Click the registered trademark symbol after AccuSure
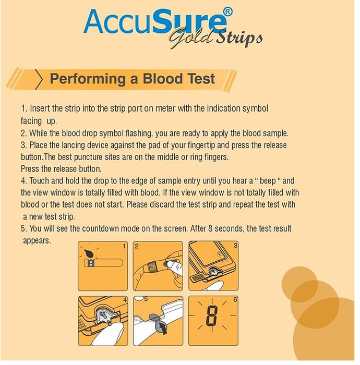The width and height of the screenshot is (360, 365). pyautogui.click(x=227, y=11)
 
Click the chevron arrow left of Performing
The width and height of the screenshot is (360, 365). pyautogui.click(x=39, y=79)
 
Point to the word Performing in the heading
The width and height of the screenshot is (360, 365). pyautogui.click(x=88, y=79)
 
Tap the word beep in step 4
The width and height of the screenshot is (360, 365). pyautogui.click(x=268, y=181)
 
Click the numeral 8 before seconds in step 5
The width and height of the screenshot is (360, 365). pyautogui.click(x=210, y=228)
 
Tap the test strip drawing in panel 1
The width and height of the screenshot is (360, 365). pyautogui.click(x=103, y=263)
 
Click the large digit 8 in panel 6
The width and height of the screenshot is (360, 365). pyautogui.click(x=212, y=316)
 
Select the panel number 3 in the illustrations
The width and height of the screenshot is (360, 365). pyautogui.click(x=235, y=245)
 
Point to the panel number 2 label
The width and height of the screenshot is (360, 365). pyautogui.click(x=137, y=246)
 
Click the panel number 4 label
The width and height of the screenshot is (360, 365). pyautogui.click(x=125, y=300)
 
